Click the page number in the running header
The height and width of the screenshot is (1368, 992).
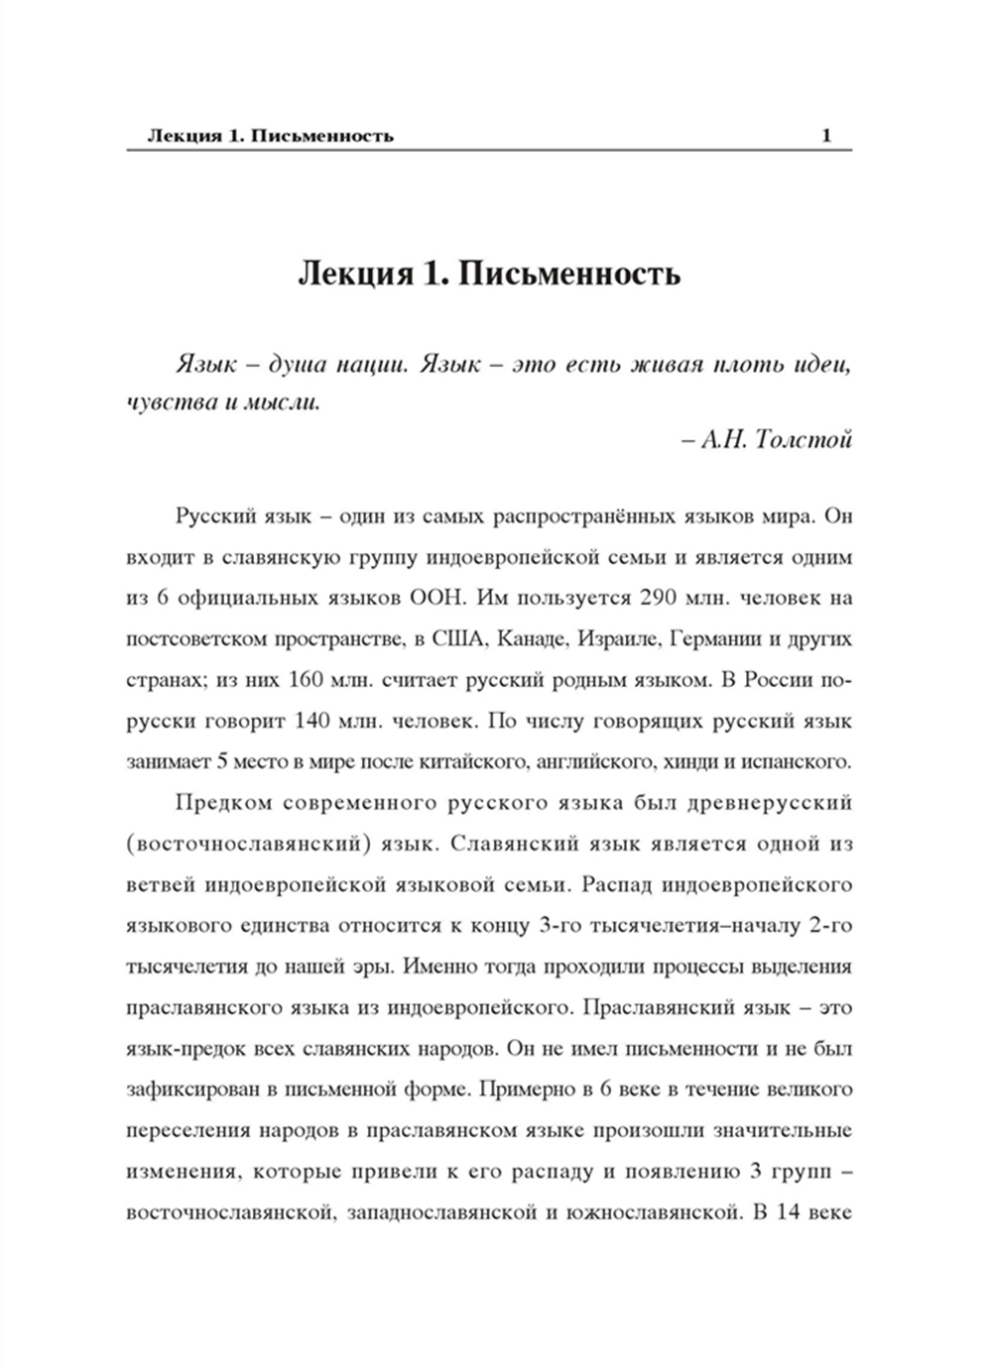click(x=826, y=136)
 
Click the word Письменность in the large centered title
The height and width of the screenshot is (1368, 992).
click(x=570, y=273)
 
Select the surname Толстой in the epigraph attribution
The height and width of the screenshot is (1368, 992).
click(x=803, y=440)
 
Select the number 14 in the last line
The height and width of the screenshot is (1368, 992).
click(x=788, y=1212)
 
